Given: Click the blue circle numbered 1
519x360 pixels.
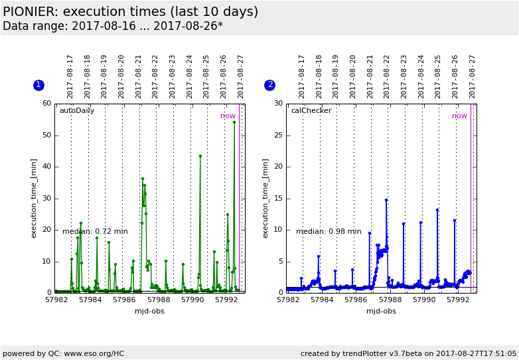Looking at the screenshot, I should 38,85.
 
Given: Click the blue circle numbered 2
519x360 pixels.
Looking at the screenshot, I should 269,85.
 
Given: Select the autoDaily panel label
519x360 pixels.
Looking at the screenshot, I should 77,111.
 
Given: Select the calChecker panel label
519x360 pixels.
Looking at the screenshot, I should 311,111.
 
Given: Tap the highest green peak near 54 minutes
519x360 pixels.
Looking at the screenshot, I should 234,122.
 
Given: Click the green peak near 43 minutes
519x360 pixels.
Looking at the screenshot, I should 200,156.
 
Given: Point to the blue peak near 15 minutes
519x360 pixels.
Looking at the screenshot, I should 386,200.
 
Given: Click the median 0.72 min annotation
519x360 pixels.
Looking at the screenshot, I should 95,232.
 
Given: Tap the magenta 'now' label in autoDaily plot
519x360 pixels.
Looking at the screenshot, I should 228,116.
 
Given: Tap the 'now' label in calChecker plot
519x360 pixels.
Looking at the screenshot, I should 459,116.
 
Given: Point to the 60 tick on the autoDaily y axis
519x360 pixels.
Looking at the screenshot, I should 46,104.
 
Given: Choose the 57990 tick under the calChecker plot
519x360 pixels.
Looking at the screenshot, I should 424,300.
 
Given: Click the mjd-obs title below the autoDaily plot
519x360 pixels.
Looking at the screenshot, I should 149,311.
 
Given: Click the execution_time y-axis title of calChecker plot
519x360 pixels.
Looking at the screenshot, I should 266,198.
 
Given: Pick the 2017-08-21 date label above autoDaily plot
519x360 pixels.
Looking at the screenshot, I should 139,76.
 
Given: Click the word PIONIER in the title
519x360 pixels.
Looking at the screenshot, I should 31,12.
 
